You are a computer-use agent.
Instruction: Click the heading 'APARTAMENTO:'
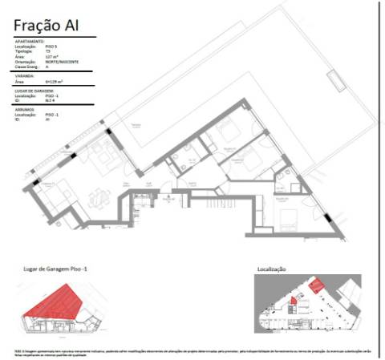30,40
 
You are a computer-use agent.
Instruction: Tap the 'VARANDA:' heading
25,77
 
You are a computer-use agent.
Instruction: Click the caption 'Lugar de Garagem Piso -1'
57,269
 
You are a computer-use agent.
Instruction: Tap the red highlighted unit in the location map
318,285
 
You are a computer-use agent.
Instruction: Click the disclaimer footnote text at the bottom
192,352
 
